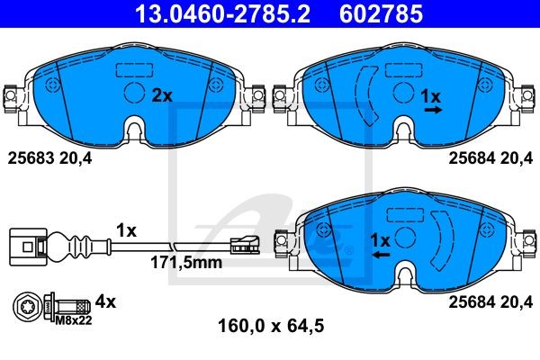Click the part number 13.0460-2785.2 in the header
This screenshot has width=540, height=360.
tap(222, 13)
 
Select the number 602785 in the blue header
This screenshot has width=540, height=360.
tap(381, 13)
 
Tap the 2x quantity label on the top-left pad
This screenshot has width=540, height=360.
tap(162, 95)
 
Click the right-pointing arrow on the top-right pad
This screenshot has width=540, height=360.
tap(433, 110)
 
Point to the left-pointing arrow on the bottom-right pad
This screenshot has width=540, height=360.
tap(381, 255)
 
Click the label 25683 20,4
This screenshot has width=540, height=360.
tap(49, 158)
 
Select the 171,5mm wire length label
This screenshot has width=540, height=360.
tap(186, 263)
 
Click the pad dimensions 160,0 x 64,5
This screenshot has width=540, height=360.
tap(271, 326)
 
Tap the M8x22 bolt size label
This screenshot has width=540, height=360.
tap(74, 320)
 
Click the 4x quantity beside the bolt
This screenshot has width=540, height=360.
tap(105, 302)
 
